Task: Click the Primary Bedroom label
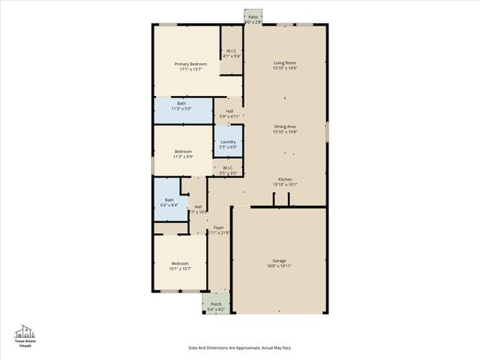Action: click(190, 64)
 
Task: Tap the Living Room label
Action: click(285, 63)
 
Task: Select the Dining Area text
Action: click(285, 127)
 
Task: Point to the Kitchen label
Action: click(285, 179)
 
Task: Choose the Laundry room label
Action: click(229, 141)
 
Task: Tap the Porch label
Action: click(216, 304)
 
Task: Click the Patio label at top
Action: click(253, 16)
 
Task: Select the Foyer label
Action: click(218, 227)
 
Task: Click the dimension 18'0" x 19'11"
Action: click(278, 266)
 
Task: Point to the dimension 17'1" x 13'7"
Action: click(190, 70)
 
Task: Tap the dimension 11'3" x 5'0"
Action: click(181, 109)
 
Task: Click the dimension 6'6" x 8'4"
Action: click(169, 205)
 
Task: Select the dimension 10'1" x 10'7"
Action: click(180, 268)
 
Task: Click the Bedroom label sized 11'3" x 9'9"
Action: click(183, 151)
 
